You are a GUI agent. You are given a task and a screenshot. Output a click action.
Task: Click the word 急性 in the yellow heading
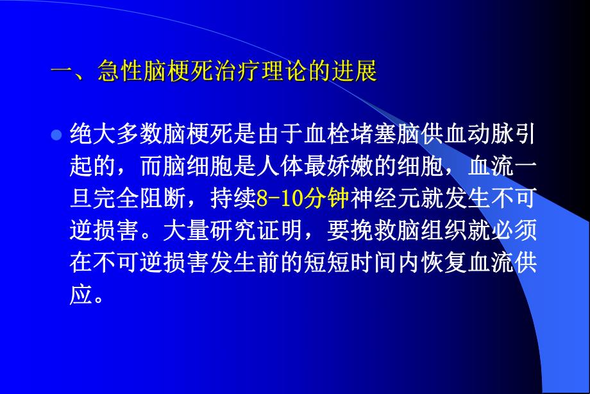click(121, 71)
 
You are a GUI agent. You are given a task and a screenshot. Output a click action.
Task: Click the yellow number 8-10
click(279, 200)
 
